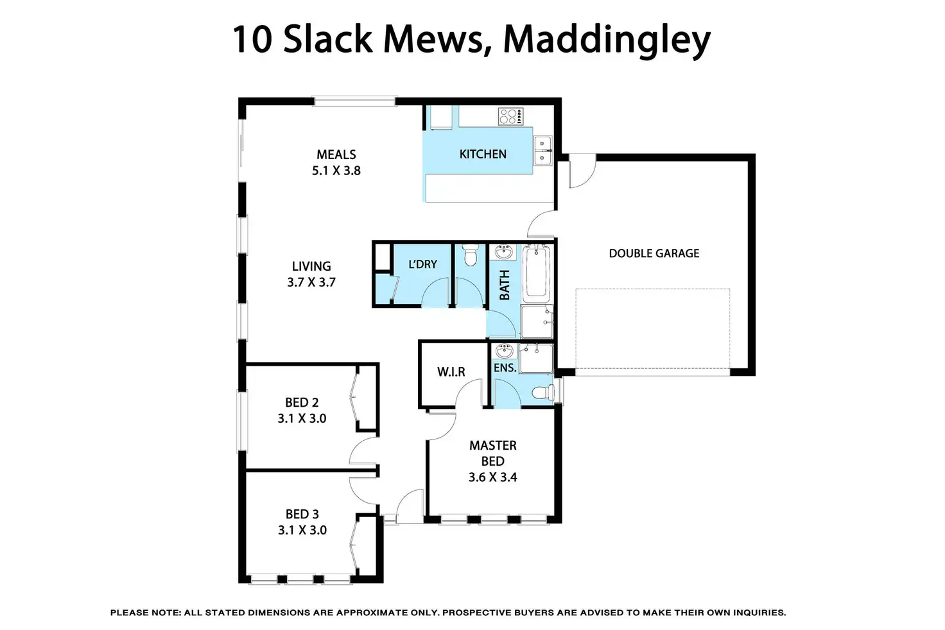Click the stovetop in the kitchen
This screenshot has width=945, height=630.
[510, 116]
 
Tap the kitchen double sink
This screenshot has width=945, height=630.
[542, 151]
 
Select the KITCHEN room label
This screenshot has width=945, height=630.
[483, 154]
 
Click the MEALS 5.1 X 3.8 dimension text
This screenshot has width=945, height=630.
[336, 171]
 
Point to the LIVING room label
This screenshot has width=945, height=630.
[311, 266]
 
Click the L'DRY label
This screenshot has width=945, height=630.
[422, 264]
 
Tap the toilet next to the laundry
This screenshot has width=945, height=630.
[471, 255]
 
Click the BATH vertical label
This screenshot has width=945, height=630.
[505, 285]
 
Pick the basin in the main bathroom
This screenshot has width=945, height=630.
[504, 252]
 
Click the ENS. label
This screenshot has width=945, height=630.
[505, 368]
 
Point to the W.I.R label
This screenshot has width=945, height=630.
[451, 372]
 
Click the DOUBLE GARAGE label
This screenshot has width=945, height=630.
[654, 253]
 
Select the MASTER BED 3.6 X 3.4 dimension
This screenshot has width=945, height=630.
[492, 477]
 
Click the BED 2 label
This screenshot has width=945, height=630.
[302, 403]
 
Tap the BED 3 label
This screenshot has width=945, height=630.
[302, 515]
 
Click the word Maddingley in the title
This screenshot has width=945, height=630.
[606, 40]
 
